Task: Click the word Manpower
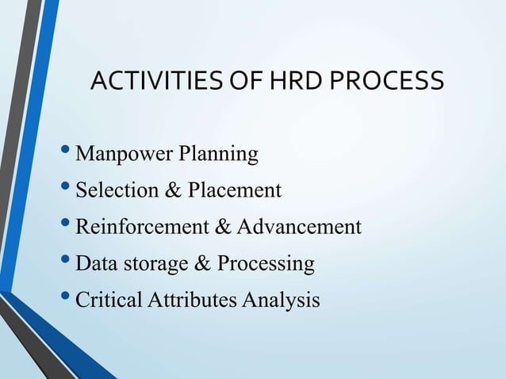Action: (117, 154)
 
